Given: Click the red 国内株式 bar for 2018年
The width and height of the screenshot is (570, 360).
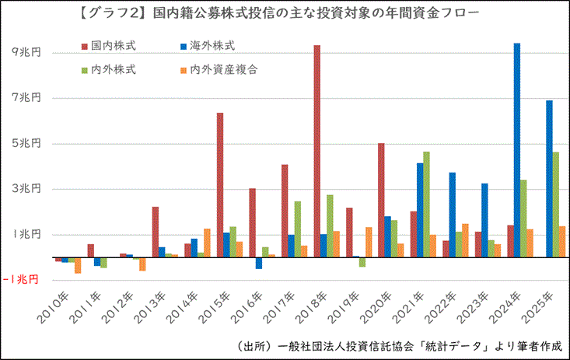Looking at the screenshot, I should (317, 151).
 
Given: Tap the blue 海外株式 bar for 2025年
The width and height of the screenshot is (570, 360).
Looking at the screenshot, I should (549, 178).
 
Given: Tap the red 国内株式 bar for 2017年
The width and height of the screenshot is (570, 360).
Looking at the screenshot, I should (285, 210).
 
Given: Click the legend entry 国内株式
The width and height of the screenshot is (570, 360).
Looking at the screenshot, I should (108, 47).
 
